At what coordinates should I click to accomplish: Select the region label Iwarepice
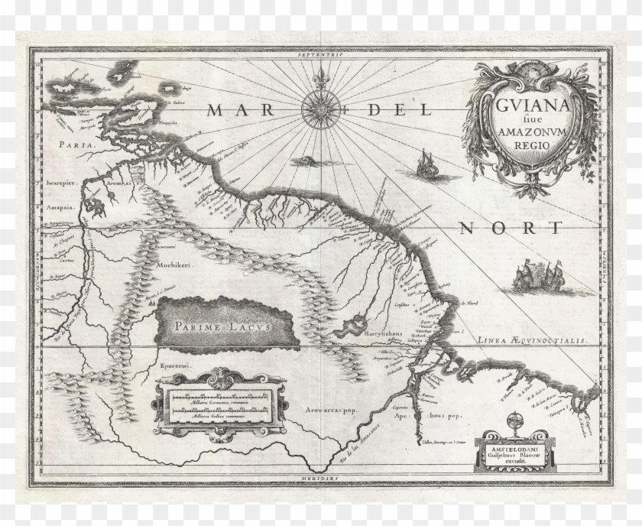pos(63,183)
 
